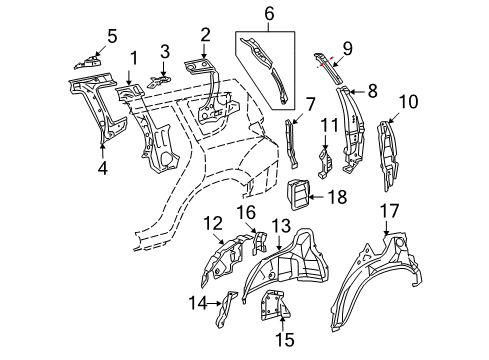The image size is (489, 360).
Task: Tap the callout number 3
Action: (165, 50)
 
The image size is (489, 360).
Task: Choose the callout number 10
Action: (407, 102)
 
